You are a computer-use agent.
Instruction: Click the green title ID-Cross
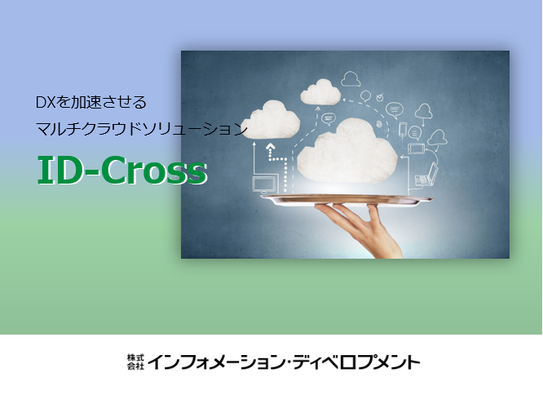122,170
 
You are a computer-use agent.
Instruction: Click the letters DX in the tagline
46,102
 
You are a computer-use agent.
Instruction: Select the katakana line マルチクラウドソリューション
142,129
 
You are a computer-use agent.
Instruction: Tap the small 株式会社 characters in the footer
135,362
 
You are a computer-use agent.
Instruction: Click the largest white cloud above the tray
347,151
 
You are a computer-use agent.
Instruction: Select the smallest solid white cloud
320,92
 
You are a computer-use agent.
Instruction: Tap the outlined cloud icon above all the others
351,78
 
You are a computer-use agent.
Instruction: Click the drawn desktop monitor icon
265,184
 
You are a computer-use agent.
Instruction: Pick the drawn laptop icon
427,175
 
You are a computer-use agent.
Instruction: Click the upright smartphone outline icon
403,129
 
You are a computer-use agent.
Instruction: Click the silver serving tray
347,200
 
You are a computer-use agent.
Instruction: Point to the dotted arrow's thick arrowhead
271,148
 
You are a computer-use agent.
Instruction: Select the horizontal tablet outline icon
417,149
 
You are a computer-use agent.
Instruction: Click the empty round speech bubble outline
366,95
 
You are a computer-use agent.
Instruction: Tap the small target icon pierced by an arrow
380,97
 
